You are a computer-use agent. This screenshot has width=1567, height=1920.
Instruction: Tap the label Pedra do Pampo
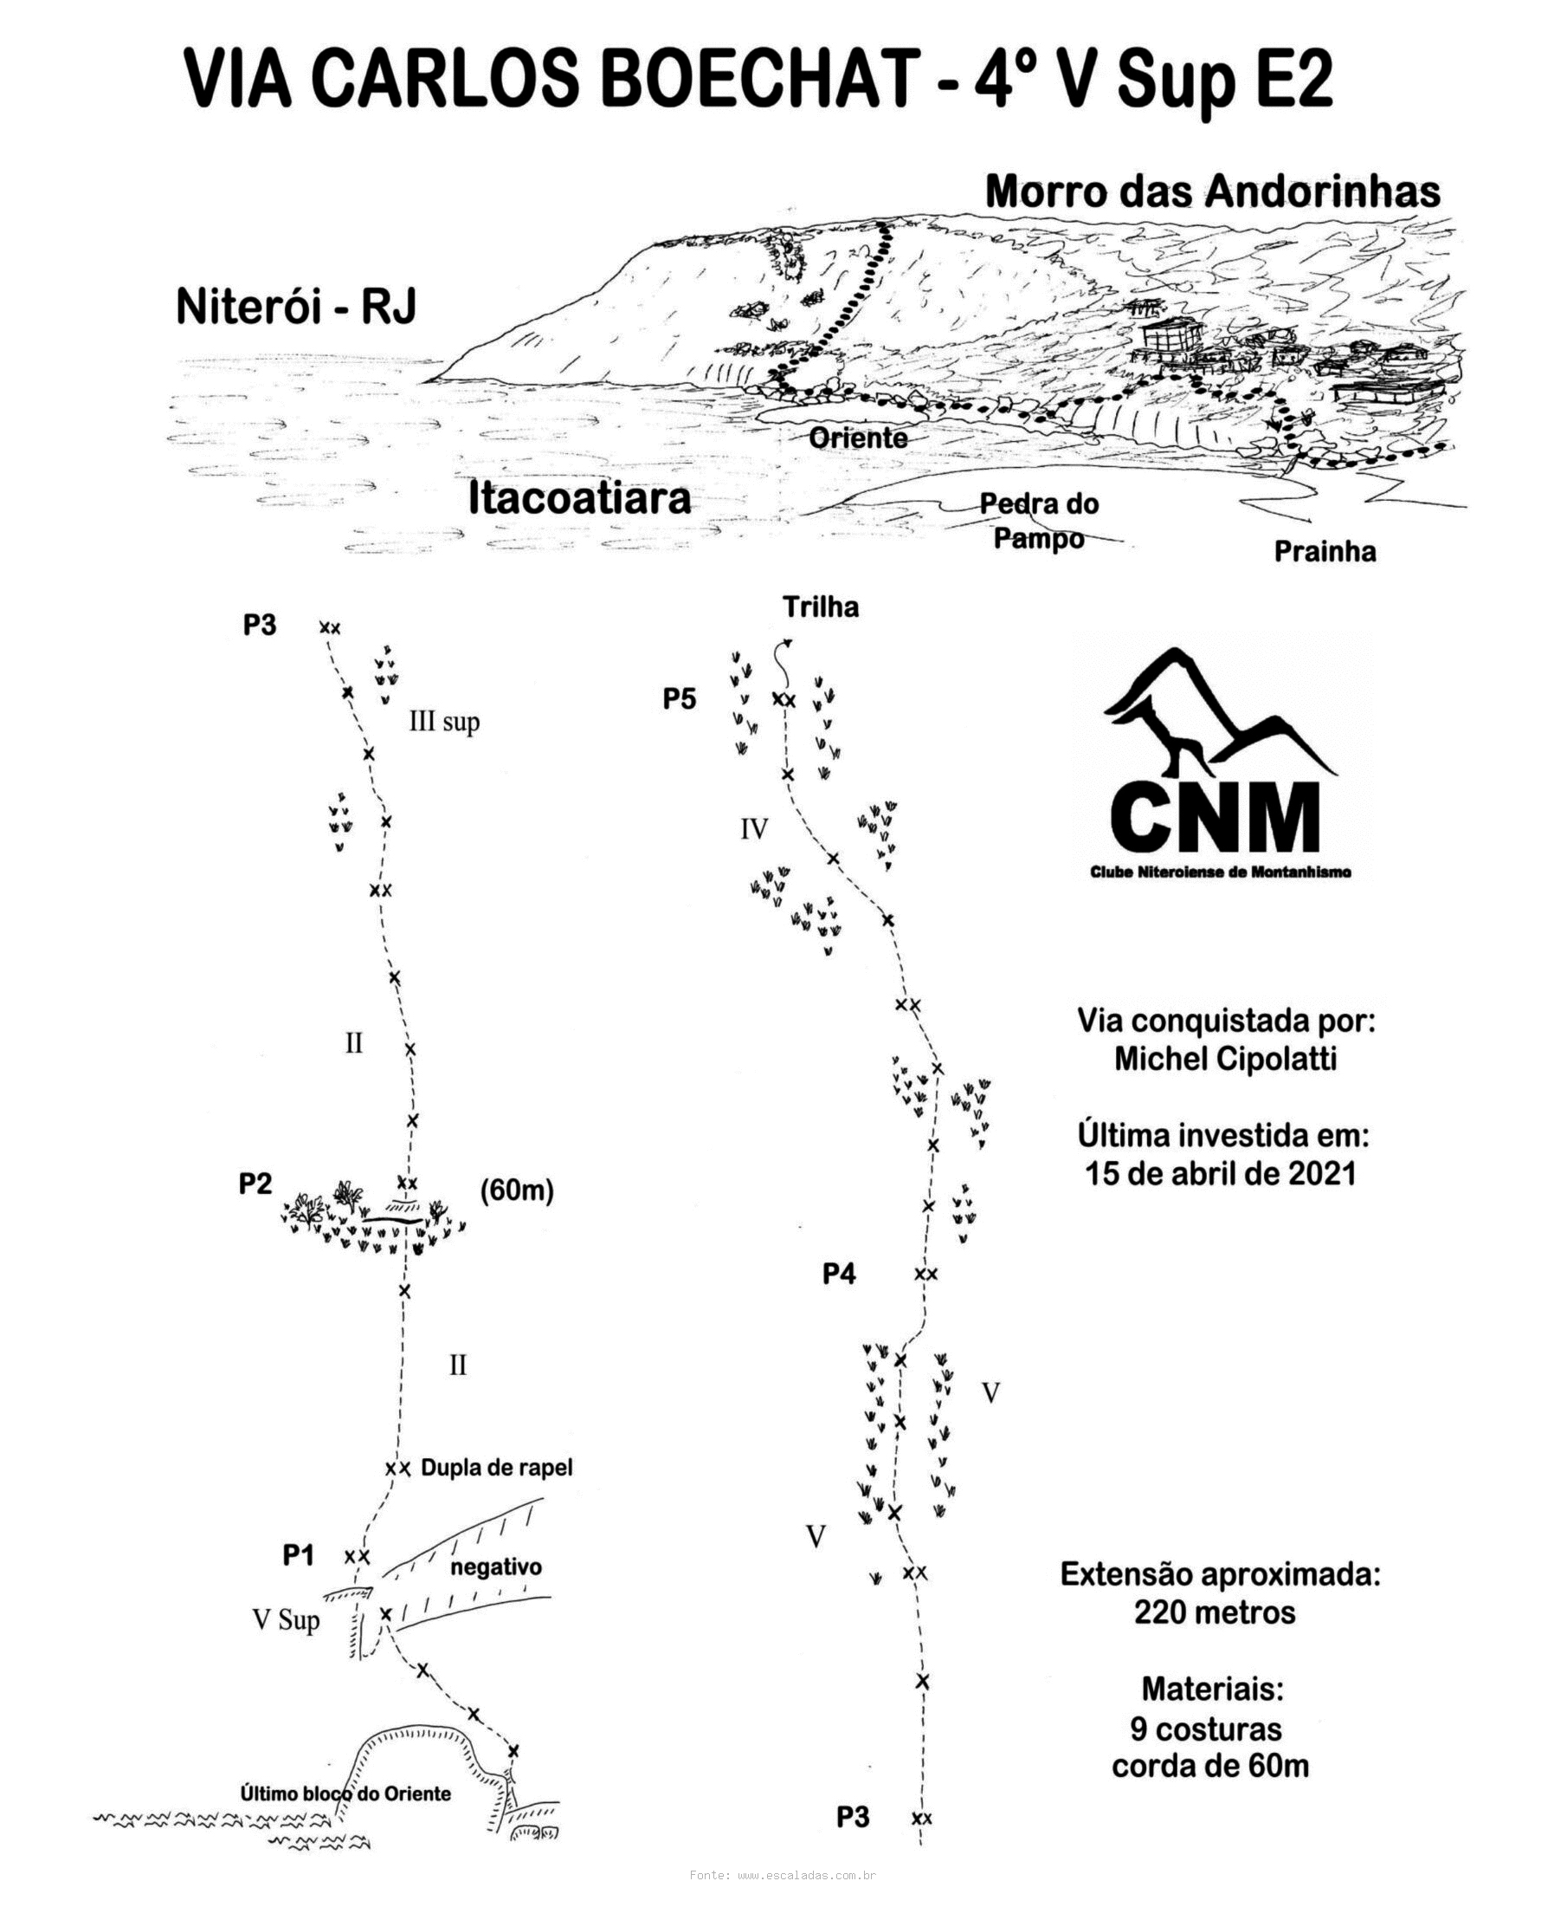pyautogui.click(x=1039, y=521)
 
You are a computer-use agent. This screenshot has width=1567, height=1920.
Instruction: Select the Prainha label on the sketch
pyautogui.click(x=1325, y=552)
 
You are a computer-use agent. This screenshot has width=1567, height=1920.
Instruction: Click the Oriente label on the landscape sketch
pyautogui.click(x=857, y=438)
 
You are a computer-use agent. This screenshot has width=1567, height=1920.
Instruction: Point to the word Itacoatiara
pyautogui.click(x=579, y=498)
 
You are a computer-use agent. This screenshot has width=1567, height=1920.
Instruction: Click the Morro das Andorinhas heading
pyautogui.click(x=1212, y=191)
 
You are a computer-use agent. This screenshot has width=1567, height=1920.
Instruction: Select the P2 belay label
pyautogui.click(x=255, y=1183)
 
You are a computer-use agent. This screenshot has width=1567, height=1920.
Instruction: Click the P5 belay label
pyautogui.click(x=680, y=698)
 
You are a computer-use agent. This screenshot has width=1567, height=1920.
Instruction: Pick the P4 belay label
pyautogui.click(x=839, y=1275)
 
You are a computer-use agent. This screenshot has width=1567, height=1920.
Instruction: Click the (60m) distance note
pyautogui.click(x=516, y=1190)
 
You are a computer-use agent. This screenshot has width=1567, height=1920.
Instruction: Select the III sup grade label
pyautogui.click(x=444, y=722)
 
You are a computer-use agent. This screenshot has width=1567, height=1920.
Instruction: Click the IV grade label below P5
pyautogui.click(x=754, y=829)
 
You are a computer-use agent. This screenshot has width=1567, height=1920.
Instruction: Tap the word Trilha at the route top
pyautogui.click(x=821, y=606)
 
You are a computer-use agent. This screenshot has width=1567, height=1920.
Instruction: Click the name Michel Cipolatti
pyautogui.click(x=1225, y=1059)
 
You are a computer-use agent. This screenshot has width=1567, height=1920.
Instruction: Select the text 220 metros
pyautogui.click(x=1214, y=1612)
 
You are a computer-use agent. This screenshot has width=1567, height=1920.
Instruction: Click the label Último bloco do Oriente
pyautogui.click(x=345, y=1794)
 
